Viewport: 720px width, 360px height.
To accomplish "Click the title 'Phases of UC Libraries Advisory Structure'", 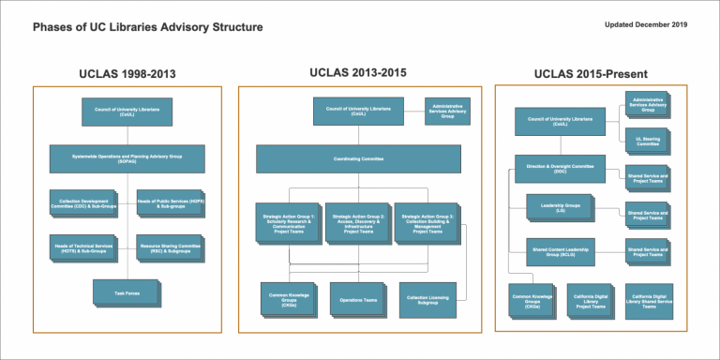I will [x=148, y=27].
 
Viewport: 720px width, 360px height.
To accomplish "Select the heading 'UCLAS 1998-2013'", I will [x=127, y=74].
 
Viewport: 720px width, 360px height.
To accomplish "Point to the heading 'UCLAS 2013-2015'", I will [x=358, y=72].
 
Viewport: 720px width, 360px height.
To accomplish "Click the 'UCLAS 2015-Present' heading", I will [x=590, y=74].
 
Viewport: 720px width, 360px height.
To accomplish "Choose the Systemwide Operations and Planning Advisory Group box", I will [x=126, y=157].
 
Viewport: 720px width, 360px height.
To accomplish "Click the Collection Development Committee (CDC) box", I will [x=82, y=202].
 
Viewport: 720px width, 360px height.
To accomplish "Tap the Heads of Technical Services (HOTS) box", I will [x=82, y=247].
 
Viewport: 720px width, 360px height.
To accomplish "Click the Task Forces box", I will [x=126, y=292].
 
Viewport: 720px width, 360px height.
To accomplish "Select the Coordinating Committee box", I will [x=358, y=158].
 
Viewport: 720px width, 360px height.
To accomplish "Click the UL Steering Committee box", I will [x=646, y=140].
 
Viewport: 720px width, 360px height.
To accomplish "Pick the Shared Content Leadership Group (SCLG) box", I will [x=561, y=251].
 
